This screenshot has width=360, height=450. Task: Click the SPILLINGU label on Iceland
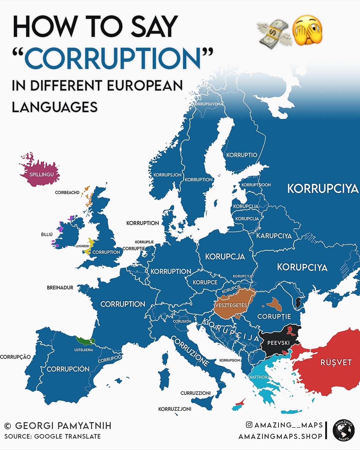tap(41, 174)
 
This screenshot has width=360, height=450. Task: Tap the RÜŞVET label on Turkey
tap(336, 362)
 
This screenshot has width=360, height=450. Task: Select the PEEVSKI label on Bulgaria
tap(278, 343)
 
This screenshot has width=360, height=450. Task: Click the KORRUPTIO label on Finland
tap(241, 155)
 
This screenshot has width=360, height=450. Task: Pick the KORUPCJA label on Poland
tap(225, 256)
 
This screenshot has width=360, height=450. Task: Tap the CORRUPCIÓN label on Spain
tap(68, 369)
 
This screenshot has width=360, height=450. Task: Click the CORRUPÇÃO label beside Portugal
tap(15, 357)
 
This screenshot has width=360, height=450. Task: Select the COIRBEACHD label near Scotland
tap(67, 192)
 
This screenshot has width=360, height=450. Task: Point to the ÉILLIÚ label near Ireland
tap(47, 234)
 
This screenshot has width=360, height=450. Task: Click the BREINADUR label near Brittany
tap(60, 287)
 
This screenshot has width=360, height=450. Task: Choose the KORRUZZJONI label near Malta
tap(175, 409)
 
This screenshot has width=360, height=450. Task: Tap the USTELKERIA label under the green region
tap(84, 350)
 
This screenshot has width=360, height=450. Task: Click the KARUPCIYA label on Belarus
tap(274, 236)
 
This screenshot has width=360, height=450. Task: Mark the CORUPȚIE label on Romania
tap(274, 316)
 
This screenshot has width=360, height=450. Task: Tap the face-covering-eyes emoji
tap(307, 31)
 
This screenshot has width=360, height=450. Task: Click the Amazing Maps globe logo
tap(343, 430)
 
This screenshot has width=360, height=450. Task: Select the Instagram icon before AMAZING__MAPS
tap(249, 424)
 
